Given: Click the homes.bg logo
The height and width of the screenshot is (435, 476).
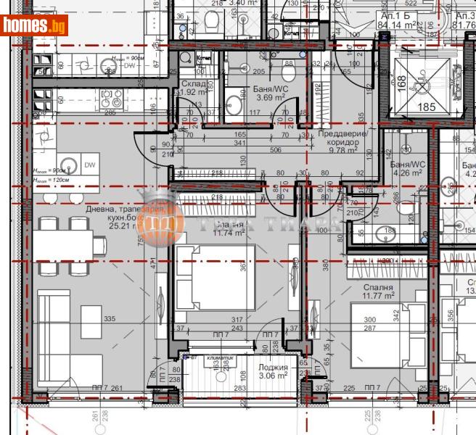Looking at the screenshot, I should (36, 25).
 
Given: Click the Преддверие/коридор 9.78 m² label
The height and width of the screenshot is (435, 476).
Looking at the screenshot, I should (344, 138).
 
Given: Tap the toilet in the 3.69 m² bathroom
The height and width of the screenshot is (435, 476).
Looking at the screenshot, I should (288, 73).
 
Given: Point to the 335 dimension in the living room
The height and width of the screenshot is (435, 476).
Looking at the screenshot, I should (110, 318).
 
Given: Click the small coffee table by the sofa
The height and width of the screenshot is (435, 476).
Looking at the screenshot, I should (91, 317).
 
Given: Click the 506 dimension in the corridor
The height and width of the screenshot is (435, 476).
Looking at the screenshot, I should (276, 151).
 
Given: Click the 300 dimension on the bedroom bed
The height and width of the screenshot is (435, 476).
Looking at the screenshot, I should (370, 320).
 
